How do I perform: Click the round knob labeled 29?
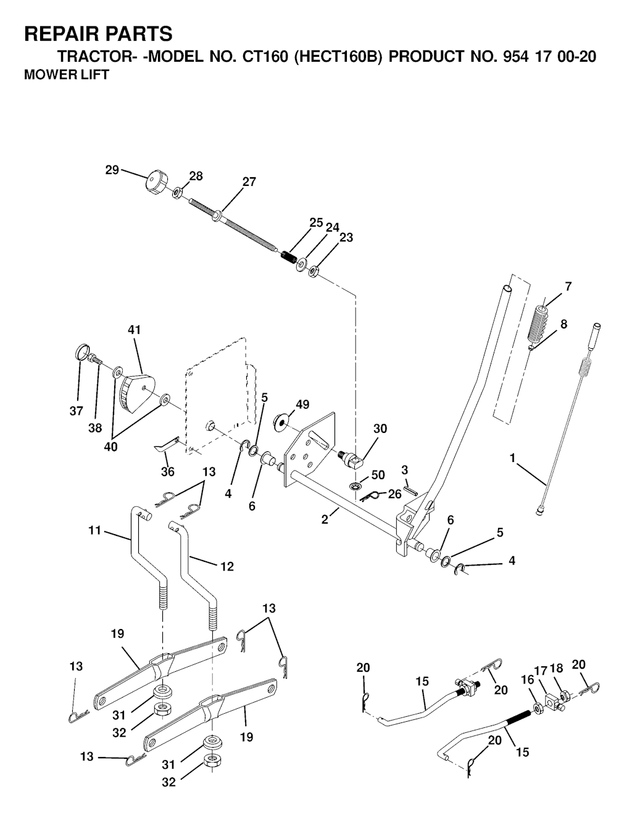pyautogui.click(x=157, y=183)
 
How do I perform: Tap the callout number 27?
pyautogui.click(x=249, y=182)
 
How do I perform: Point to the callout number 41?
pyautogui.click(x=134, y=330)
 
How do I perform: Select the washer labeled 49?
pyautogui.click(x=280, y=422)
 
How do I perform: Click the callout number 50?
pyautogui.click(x=378, y=475)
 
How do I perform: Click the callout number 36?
pyautogui.click(x=167, y=472)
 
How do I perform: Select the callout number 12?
pyautogui.click(x=227, y=566)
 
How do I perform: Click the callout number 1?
pyautogui.click(x=512, y=458)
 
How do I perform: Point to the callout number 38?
pyautogui.click(x=95, y=427)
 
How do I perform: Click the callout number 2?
pyautogui.click(x=325, y=519)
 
